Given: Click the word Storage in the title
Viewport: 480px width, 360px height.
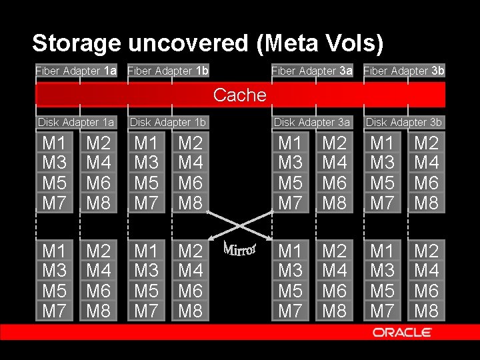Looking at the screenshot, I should [x=77, y=44].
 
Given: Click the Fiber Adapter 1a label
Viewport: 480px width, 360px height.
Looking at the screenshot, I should [x=76, y=71].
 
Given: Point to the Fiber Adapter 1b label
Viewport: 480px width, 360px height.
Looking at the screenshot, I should [x=168, y=71].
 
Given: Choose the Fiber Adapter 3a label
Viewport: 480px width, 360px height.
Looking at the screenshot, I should [x=312, y=71].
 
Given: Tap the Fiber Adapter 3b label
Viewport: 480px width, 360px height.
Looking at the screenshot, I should [x=404, y=71].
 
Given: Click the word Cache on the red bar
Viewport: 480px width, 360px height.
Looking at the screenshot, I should [x=240, y=95].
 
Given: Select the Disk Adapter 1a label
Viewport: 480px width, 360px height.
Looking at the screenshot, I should [x=76, y=123].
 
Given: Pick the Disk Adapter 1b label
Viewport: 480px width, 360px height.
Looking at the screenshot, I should [x=168, y=123].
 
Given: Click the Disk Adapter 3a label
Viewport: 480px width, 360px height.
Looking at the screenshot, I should [x=312, y=123].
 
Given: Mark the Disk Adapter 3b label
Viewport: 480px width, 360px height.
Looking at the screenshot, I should [x=404, y=123].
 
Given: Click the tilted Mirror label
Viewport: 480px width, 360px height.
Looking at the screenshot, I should [x=240, y=247].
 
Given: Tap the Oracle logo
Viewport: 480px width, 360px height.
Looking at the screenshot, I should [x=402, y=332].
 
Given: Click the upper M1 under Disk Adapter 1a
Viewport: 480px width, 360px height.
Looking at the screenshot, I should [x=54, y=143].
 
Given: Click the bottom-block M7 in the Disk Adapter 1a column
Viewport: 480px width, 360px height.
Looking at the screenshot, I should [x=54, y=311].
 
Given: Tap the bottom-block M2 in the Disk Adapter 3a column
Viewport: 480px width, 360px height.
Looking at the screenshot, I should [x=335, y=251].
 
